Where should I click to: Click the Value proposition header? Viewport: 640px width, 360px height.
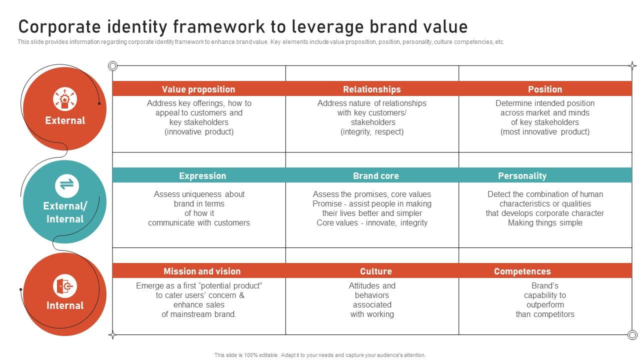coord(198,89)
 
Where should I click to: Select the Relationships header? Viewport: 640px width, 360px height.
coord(371,89)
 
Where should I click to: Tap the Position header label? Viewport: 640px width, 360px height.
coord(545,89)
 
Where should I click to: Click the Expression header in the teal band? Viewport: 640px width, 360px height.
coord(202,176)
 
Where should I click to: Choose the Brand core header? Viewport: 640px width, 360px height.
coord(375,176)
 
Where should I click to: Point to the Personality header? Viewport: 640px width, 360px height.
coord(522,176)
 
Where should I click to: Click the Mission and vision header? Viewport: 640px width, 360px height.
coord(202,271)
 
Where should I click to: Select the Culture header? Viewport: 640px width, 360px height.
coord(375,271)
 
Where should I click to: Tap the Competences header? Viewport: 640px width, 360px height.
coord(522,271)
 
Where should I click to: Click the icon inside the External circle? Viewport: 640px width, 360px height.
coord(65,98)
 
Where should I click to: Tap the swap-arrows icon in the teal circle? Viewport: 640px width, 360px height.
coord(66,185)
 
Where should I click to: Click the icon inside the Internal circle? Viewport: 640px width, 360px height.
coord(65,286)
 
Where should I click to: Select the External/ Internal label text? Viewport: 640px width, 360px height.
coord(65,212)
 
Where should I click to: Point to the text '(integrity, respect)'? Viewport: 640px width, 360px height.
coord(372,132)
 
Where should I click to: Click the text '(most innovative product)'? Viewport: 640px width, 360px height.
coord(545,132)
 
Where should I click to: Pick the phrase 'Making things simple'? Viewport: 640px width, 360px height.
coord(545,223)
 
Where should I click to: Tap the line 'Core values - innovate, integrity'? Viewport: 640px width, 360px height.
coord(372,223)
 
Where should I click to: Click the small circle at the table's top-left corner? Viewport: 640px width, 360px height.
coord(113,66)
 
